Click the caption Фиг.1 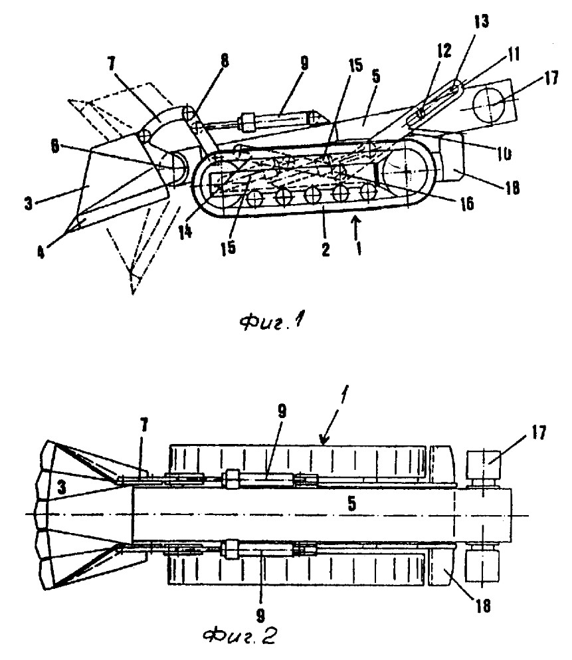271,322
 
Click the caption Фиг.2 240,637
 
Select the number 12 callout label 444,50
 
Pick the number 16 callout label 465,203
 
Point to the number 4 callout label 41,252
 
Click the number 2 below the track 326,249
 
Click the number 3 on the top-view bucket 62,488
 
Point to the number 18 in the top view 483,605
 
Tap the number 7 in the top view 145,425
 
